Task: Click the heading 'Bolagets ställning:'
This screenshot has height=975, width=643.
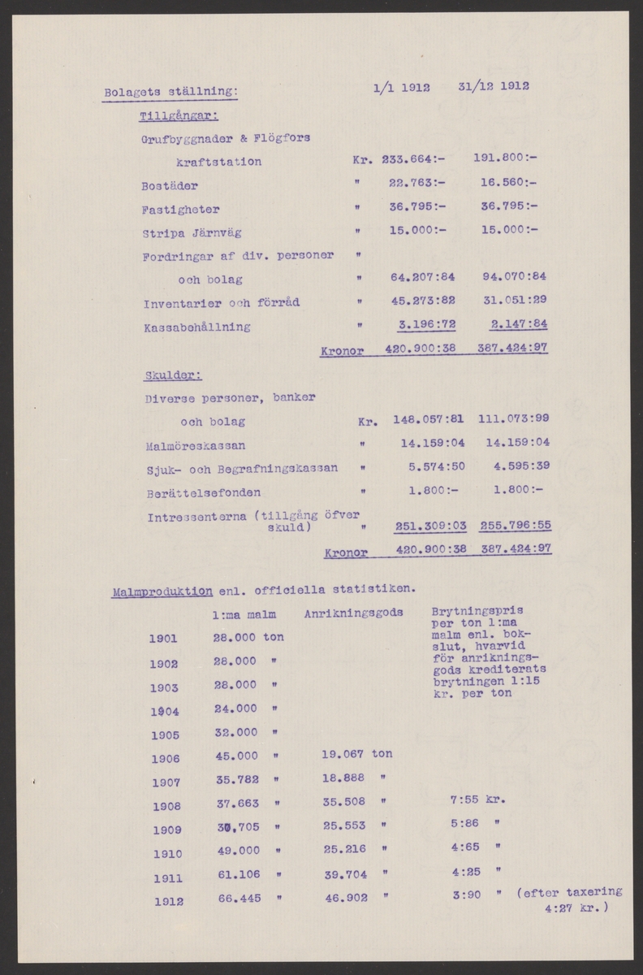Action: point(170,91)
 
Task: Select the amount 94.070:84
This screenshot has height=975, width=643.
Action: point(509,279)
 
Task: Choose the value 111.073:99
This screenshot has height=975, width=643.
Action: point(514,419)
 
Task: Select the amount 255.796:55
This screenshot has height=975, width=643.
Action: point(516,526)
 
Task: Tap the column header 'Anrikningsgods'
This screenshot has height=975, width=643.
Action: point(354,614)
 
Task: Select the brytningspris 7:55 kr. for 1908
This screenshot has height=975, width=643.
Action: point(477,799)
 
